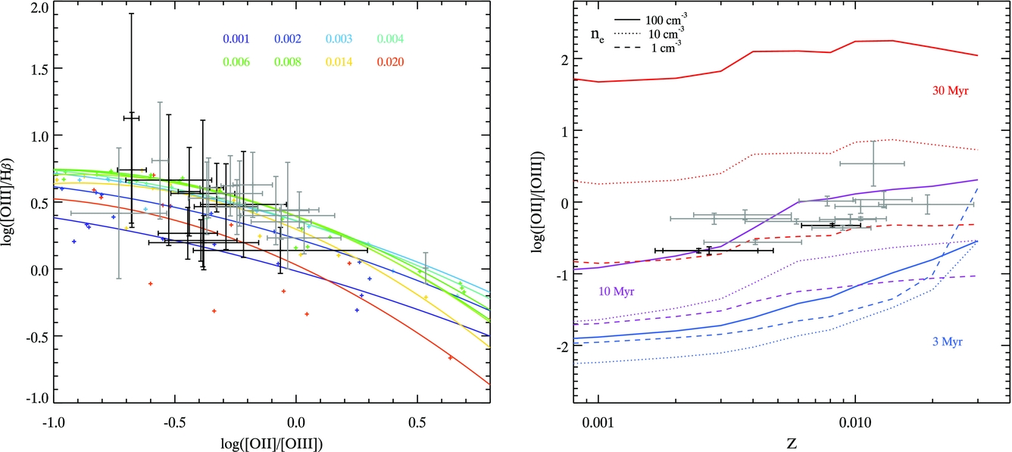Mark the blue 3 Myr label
pyautogui.click(x=947, y=342)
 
